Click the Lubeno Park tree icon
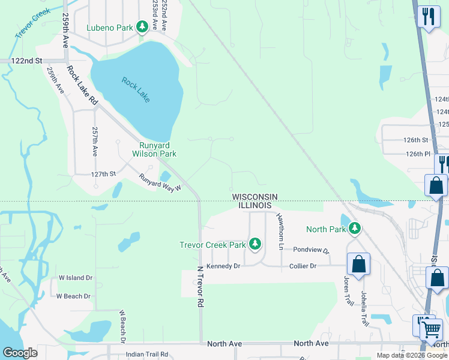coord(142,27)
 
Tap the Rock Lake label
coord(135,89)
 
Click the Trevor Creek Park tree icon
coord(255,244)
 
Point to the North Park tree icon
coord(355,229)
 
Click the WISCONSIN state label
coord(255,197)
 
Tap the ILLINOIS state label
coord(255,206)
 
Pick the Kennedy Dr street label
coord(223,266)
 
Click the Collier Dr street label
coord(303,266)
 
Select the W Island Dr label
coord(75,278)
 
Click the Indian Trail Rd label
coord(147,355)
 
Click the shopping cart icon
coord(430,328)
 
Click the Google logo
coord(20,353)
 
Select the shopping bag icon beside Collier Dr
coord(358,265)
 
